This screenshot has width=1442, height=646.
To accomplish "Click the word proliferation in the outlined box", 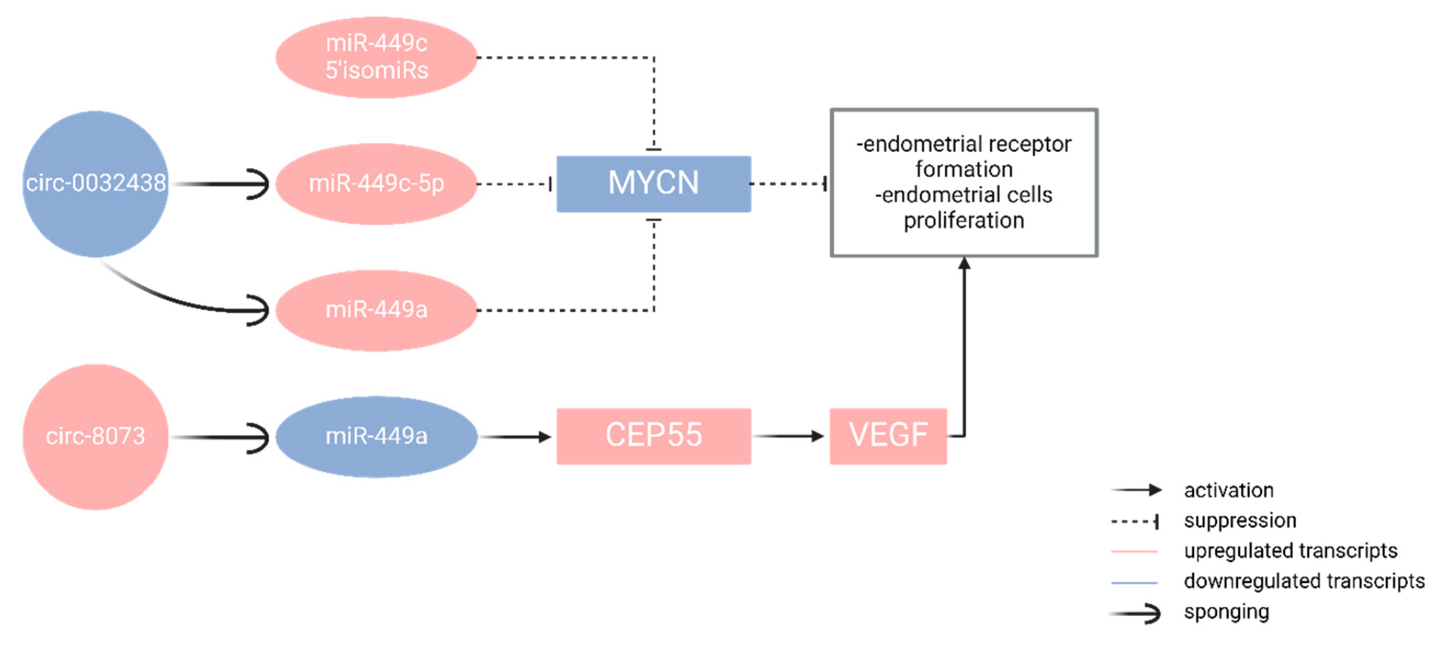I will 964,221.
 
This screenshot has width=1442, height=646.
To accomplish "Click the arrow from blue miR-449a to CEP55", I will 515,437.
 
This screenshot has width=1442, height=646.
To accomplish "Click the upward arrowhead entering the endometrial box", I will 964,263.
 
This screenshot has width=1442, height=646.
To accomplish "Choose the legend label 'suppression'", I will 1239,521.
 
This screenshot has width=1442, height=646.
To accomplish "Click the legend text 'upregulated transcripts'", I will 1290,551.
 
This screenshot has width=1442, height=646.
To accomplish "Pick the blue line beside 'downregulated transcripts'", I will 1134,583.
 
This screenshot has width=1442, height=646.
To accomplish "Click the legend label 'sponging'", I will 1226,612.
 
